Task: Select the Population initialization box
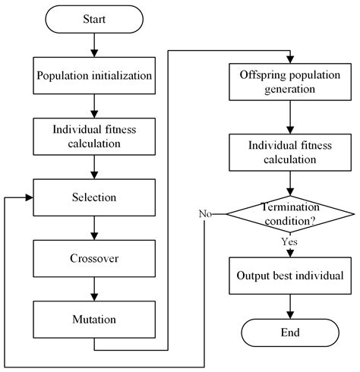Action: (93, 77)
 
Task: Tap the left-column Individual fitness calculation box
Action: (93, 137)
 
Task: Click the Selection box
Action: (93, 197)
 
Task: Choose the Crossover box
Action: (93, 257)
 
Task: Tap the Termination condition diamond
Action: (289, 215)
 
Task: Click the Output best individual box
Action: (289, 274)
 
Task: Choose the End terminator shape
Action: (289, 332)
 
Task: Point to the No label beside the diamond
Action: (205, 214)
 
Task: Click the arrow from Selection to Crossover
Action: (93, 227)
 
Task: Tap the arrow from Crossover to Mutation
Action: (93, 285)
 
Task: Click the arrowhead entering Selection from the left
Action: (30, 197)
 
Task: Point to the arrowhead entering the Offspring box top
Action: (289, 60)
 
